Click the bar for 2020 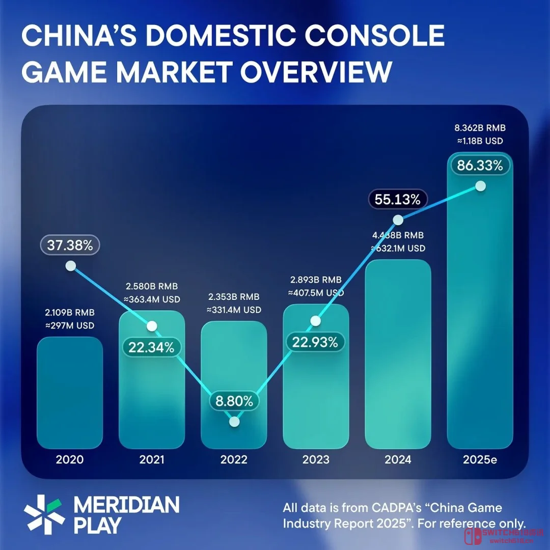coord(70,392)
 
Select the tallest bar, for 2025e coord(480,306)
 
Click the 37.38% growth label coord(70,245)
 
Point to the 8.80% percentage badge coord(234,401)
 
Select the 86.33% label coord(480,166)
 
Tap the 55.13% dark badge coord(397,200)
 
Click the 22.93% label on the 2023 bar coord(316,342)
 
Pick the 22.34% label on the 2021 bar coord(151,348)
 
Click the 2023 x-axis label coord(316,460)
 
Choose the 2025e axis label coord(480,460)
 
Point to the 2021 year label coord(151,460)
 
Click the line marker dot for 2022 coord(234,422)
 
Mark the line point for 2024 coord(398,220)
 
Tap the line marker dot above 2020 coord(70,266)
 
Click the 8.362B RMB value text coord(480,128)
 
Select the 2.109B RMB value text coord(69,312)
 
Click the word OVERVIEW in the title coord(316,71)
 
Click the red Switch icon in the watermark coord(468,537)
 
